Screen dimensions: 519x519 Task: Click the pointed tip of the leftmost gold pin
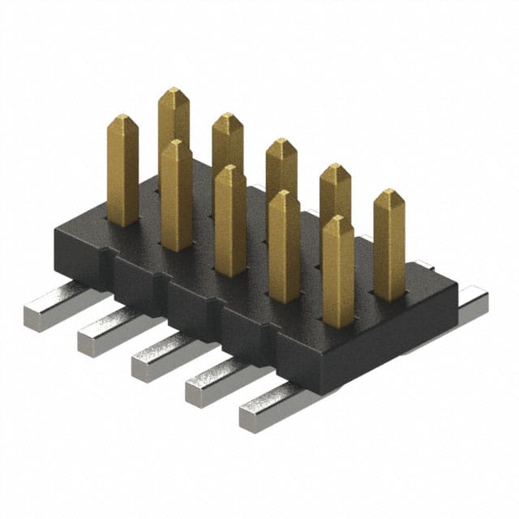click(x=122, y=118)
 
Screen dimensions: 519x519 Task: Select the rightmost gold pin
click(x=389, y=243)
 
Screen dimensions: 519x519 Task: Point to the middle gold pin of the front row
click(x=230, y=219)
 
